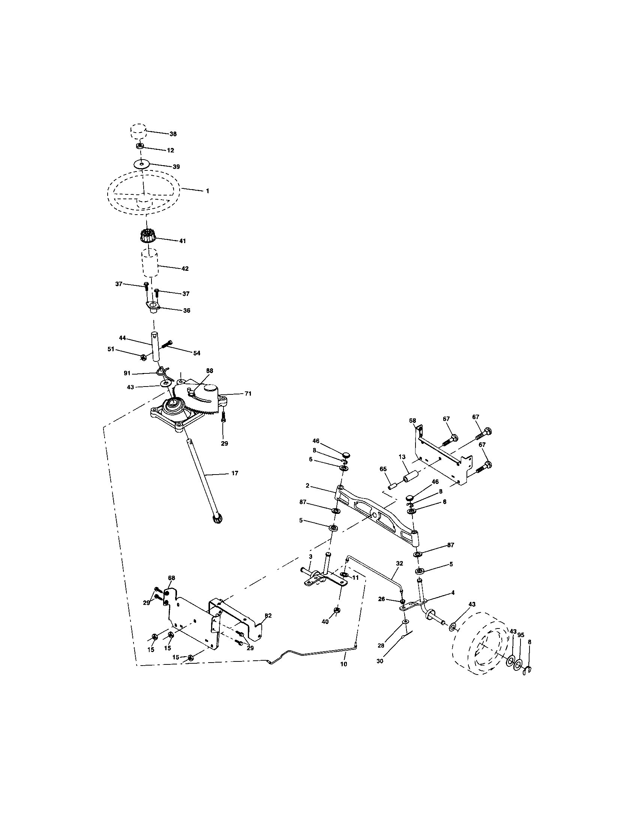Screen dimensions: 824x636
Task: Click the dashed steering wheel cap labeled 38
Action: (138, 131)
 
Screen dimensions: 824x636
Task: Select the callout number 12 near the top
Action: (170, 150)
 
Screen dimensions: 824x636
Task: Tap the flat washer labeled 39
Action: (142, 164)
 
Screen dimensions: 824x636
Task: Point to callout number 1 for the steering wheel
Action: (207, 191)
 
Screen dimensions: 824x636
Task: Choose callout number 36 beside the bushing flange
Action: (187, 310)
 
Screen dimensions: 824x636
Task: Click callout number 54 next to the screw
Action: (197, 353)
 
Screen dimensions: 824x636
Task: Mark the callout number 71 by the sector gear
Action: (248, 394)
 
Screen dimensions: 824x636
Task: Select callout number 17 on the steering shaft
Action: (234, 473)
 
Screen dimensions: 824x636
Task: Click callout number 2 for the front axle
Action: (307, 485)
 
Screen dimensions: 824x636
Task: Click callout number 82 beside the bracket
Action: (268, 615)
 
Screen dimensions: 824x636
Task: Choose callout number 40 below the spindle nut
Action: (325, 622)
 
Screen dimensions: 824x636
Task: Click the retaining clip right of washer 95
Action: (528, 670)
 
